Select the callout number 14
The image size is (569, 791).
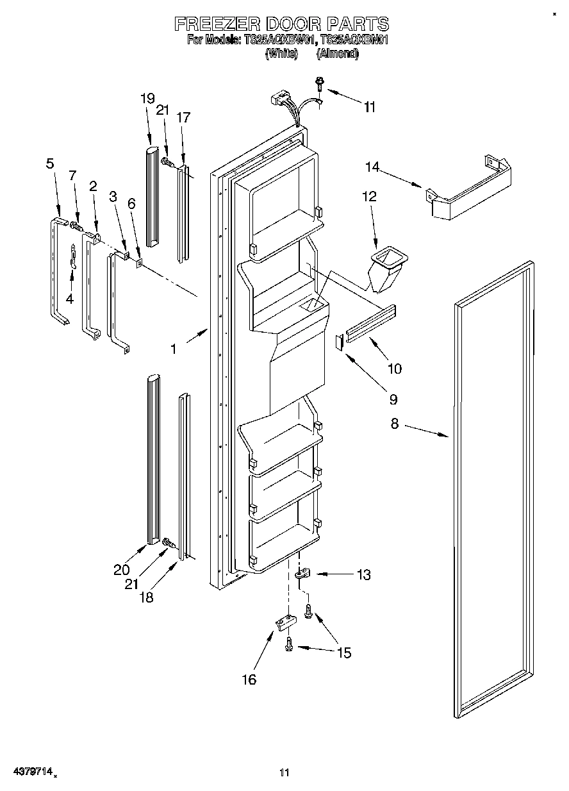(x=372, y=168)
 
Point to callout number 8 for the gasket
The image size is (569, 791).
(x=394, y=424)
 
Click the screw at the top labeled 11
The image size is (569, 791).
(x=318, y=83)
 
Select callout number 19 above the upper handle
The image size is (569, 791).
(x=147, y=98)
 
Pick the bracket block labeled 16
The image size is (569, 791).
(x=284, y=622)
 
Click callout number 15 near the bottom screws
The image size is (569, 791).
(x=344, y=653)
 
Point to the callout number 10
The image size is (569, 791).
(x=394, y=369)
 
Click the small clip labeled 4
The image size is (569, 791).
(x=73, y=256)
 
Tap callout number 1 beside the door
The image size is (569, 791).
(x=173, y=349)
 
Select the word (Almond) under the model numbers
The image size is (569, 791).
(x=337, y=54)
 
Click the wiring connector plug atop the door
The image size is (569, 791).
(x=279, y=99)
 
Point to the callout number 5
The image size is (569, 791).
(x=49, y=163)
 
